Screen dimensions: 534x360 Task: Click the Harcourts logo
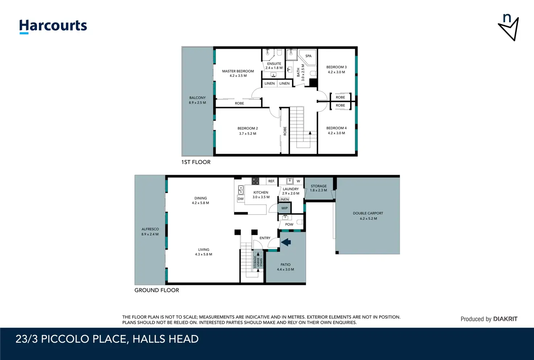[53, 26]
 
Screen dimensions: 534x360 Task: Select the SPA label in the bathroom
[308, 56]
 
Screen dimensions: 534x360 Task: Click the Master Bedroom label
[238, 71]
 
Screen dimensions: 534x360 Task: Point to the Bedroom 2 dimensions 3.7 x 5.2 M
[248, 134]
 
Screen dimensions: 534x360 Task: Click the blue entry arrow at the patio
[286, 242]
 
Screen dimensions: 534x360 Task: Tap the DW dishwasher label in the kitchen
[241, 199]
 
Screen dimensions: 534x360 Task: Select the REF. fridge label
[271, 181]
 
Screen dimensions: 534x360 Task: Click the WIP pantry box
[284, 208]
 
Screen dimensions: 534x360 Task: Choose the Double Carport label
[368, 213]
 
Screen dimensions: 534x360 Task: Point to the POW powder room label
[289, 224]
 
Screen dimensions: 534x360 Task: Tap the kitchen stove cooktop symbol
[255, 181]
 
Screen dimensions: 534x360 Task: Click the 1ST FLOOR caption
[196, 162]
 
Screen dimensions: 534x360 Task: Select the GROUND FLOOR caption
[157, 290]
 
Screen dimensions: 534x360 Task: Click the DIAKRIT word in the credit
[505, 319]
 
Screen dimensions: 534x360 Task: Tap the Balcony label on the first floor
[197, 98]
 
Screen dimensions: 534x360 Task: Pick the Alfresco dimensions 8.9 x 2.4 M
[150, 234]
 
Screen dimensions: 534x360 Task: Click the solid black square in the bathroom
[313, 82]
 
